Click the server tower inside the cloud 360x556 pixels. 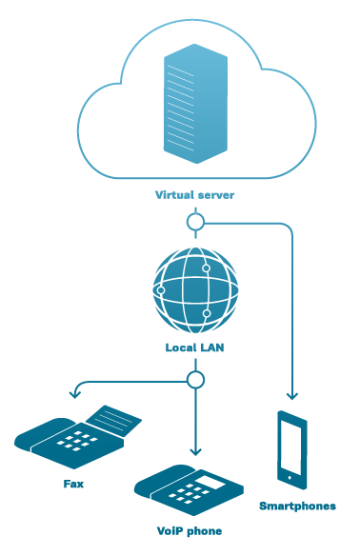click(x=195, y=104)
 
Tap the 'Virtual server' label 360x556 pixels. click(x=194, y=195)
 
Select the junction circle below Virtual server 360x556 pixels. click(x=195, y=223)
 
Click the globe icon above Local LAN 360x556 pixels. click(x=195, y=290)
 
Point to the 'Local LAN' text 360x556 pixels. click(x=194, y=347)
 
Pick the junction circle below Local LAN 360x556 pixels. click(x=195, y=380)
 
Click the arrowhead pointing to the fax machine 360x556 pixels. click(x=75, y=394)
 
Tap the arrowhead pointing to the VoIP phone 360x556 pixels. click(x=195, y=451)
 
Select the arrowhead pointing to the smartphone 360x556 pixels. click(x=292, y=396)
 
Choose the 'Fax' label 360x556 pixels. click(x=73, y=484)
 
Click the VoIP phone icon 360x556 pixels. click(x=189, y=490)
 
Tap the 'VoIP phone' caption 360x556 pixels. click(x=190, y=531)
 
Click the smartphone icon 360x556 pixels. click(x=291, y=450)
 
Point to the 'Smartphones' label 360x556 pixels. click(x=297, y=506)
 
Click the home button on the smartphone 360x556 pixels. click(x=290, y=478)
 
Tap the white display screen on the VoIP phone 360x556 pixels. click(x=210, y=483)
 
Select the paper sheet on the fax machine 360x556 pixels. click(x=114, y=420)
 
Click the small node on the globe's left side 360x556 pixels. click(x=161, y=290)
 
